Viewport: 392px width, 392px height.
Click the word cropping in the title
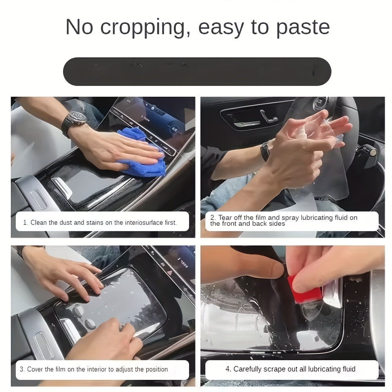click(x=143, y=27)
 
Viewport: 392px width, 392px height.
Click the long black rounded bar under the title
click(x=197, y=71)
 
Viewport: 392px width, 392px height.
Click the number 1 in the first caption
click(x=25, y=223)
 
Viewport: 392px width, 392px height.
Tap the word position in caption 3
click(x=156, y=369)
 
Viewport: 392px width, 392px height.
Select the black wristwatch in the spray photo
click(x=265, y=151)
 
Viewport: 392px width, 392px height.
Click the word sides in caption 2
click(x=277, y=224)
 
